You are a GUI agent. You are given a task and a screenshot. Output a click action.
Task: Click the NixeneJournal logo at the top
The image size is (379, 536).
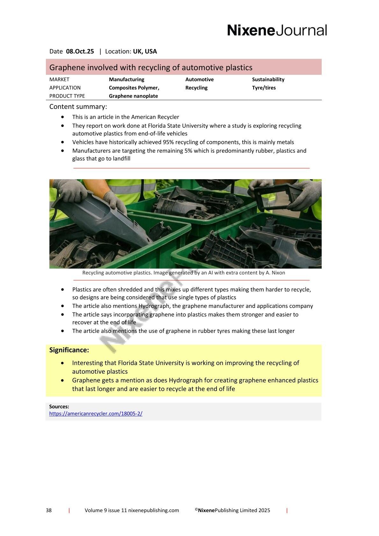pos(277,31)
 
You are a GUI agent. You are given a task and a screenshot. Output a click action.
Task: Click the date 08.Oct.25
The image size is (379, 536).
pos(80,52)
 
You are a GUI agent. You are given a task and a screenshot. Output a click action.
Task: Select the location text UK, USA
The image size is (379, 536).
pos(145,52)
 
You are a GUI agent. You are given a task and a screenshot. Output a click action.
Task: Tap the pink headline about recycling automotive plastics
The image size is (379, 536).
pos(151,67)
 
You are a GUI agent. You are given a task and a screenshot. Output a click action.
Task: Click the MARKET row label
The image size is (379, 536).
pos(59,80)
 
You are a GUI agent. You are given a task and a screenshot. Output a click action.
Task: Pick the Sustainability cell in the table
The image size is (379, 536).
pos(268,80)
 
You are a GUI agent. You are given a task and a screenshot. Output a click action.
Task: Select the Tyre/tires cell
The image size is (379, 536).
pos(264,88)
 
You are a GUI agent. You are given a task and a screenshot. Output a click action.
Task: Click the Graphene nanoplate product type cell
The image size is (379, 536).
pos(133,96)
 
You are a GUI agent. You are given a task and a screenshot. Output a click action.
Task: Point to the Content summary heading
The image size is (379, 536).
pos(78,107)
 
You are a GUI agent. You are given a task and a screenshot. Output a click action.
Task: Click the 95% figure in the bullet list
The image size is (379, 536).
pos(168,142)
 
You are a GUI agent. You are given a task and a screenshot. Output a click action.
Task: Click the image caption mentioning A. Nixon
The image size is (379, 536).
pos(183,273)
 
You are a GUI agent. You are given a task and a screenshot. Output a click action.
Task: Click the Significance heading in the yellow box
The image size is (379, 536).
pos(69,350)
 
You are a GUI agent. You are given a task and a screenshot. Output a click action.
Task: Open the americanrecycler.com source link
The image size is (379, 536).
pos(96,414)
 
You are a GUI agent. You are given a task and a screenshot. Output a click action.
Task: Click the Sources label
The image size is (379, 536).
pos(59,406)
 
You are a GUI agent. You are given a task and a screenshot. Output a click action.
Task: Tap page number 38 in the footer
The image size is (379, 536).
pos(49,511)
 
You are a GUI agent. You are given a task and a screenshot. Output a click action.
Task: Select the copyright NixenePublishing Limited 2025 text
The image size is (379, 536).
pos(233,511)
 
